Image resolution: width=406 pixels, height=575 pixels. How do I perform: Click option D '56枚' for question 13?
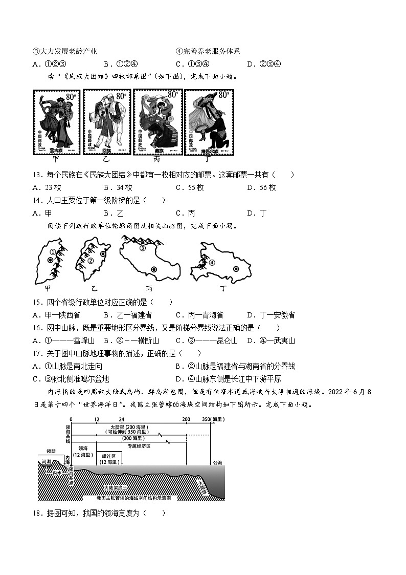click(x=261, y=188)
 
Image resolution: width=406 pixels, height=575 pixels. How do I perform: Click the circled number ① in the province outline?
click(x=53, y=252)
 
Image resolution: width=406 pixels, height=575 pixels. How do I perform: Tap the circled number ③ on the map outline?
click(x=143, y=248)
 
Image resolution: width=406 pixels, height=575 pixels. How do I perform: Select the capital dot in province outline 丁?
click(x=236, y=268)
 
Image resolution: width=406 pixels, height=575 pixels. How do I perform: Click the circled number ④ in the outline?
click(x=212, y=263)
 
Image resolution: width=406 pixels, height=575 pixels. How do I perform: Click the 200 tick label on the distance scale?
click(x=185, y=419)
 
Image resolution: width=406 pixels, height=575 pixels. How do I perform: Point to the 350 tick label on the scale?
click(x=206, y=419)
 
